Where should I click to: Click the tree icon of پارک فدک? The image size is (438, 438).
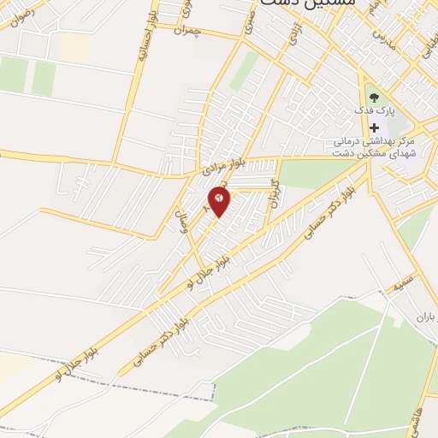click(374, 96)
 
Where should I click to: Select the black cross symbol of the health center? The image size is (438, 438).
click(374, 127)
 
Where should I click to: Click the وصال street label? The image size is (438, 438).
click(181, 224)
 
